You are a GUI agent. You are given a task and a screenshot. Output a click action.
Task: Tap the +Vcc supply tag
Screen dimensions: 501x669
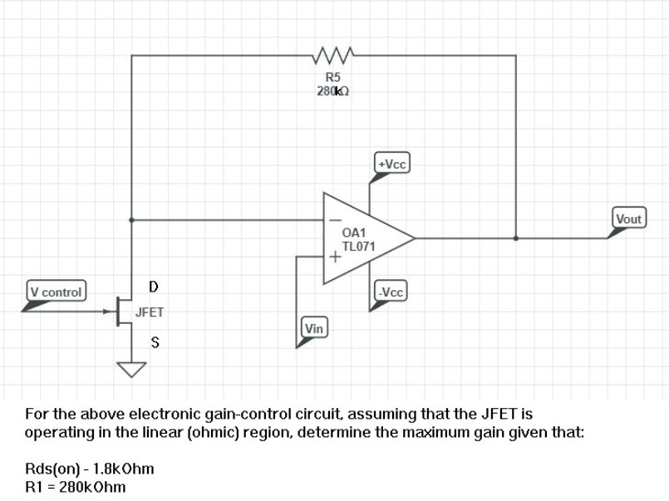[391, 165]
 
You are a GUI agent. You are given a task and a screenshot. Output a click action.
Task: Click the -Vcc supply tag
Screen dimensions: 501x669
[391, 292]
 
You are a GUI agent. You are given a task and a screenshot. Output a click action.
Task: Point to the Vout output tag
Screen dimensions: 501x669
[629, 219]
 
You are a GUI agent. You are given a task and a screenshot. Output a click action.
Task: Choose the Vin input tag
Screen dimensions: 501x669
[315, 329]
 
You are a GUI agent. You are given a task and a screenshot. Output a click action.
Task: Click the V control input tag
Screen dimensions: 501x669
[56, 292]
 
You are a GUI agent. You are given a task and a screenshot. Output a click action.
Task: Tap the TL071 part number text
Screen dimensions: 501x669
[358, 247]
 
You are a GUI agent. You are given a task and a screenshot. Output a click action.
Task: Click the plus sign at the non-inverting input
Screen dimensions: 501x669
[334, 258]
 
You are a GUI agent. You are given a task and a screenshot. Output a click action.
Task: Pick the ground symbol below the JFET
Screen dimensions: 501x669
[131, 368]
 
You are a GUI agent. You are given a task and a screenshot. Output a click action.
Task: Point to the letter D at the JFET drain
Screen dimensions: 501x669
[153, 287]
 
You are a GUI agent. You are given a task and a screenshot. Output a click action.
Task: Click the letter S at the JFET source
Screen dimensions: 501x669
[154, 341]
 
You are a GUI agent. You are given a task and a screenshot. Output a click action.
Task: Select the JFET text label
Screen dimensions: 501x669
[150, 313]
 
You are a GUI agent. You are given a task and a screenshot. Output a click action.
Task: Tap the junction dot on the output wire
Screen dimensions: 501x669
[516, 238]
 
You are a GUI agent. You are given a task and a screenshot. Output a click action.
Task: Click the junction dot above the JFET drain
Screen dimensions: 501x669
[131, 220]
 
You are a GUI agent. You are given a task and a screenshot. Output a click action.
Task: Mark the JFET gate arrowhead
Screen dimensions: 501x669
[115, 313]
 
